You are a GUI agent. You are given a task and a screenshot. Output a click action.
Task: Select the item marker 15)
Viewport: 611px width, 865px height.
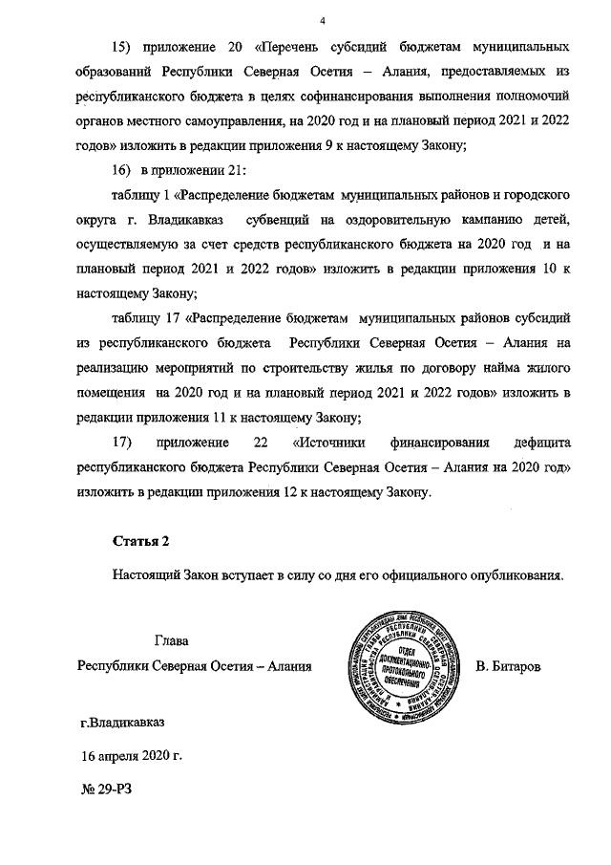click(x=126, y=47)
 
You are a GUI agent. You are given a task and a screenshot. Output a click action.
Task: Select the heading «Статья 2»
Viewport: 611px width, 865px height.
click(x=140, y=541)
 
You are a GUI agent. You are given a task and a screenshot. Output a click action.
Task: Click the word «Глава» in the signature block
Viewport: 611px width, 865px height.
click(x=172, y=639)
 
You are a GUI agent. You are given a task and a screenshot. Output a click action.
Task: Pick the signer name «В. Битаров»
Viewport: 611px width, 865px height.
click(x=508, y=665)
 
